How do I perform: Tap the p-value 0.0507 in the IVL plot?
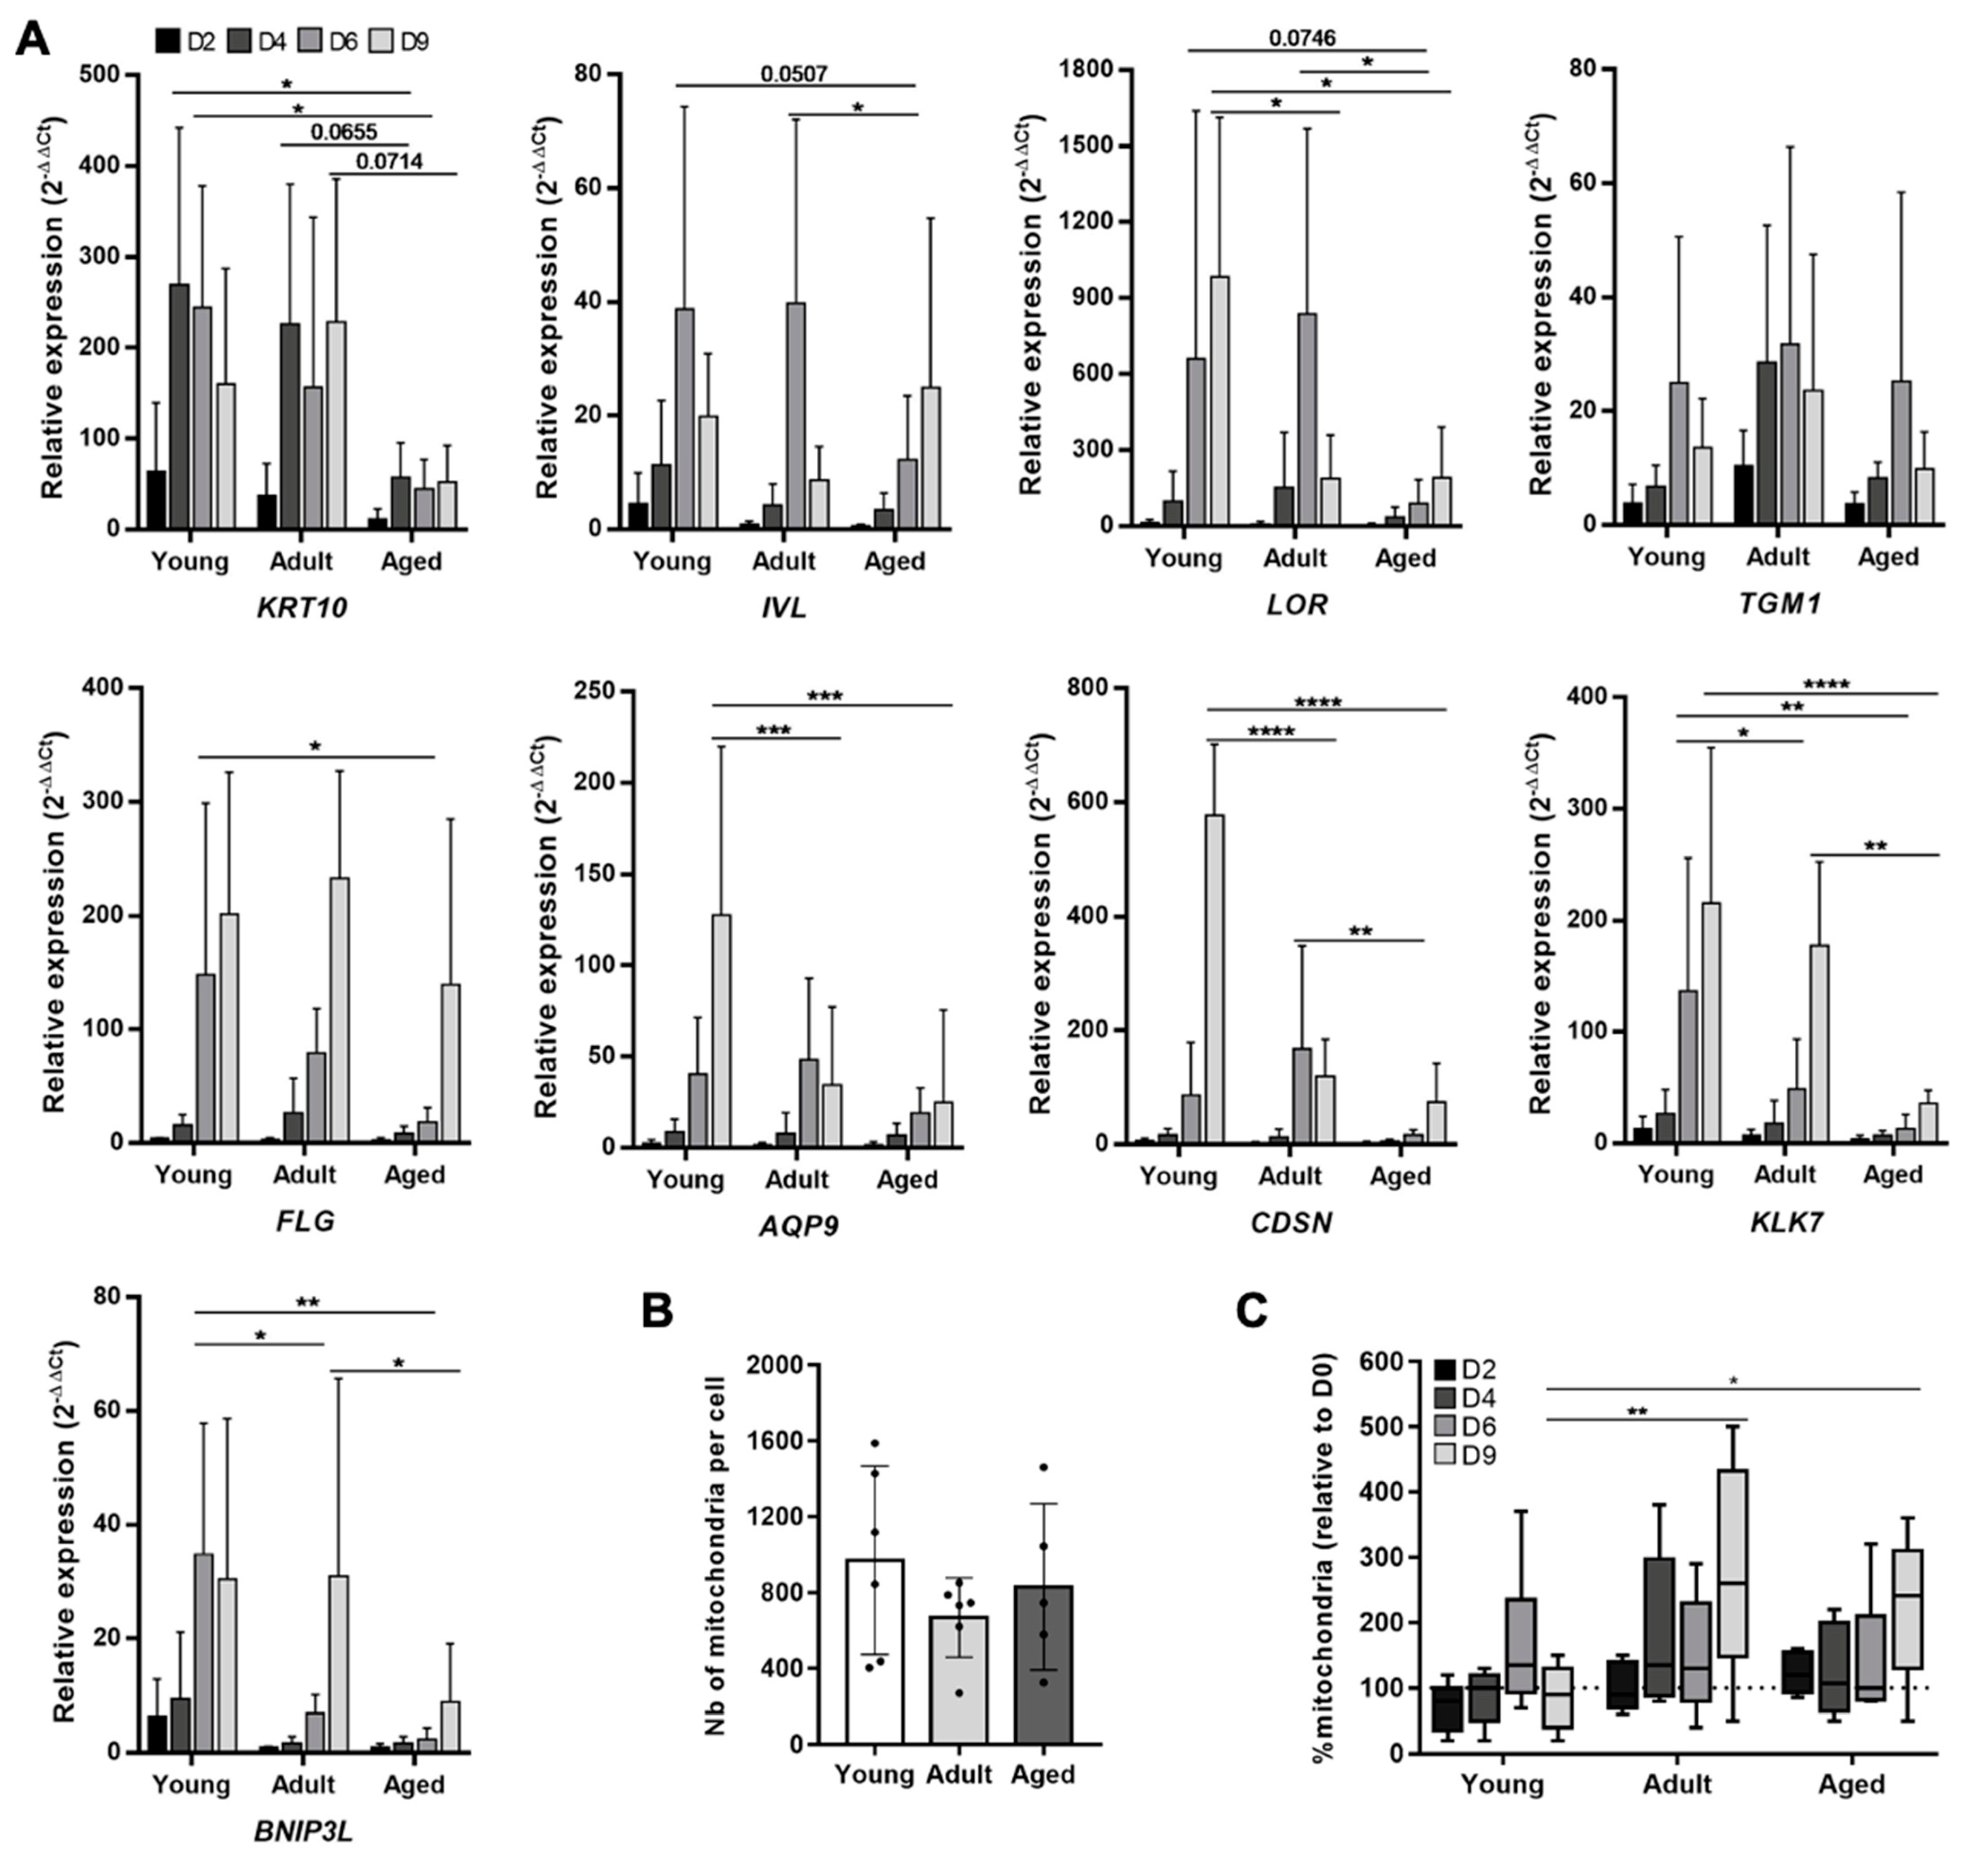(x=794, y=74)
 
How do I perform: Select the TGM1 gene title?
(x=1779, y=603)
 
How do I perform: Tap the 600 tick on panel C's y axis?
(x=1381, y=1362)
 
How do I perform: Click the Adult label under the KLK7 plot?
(x=1785, y=1174)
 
